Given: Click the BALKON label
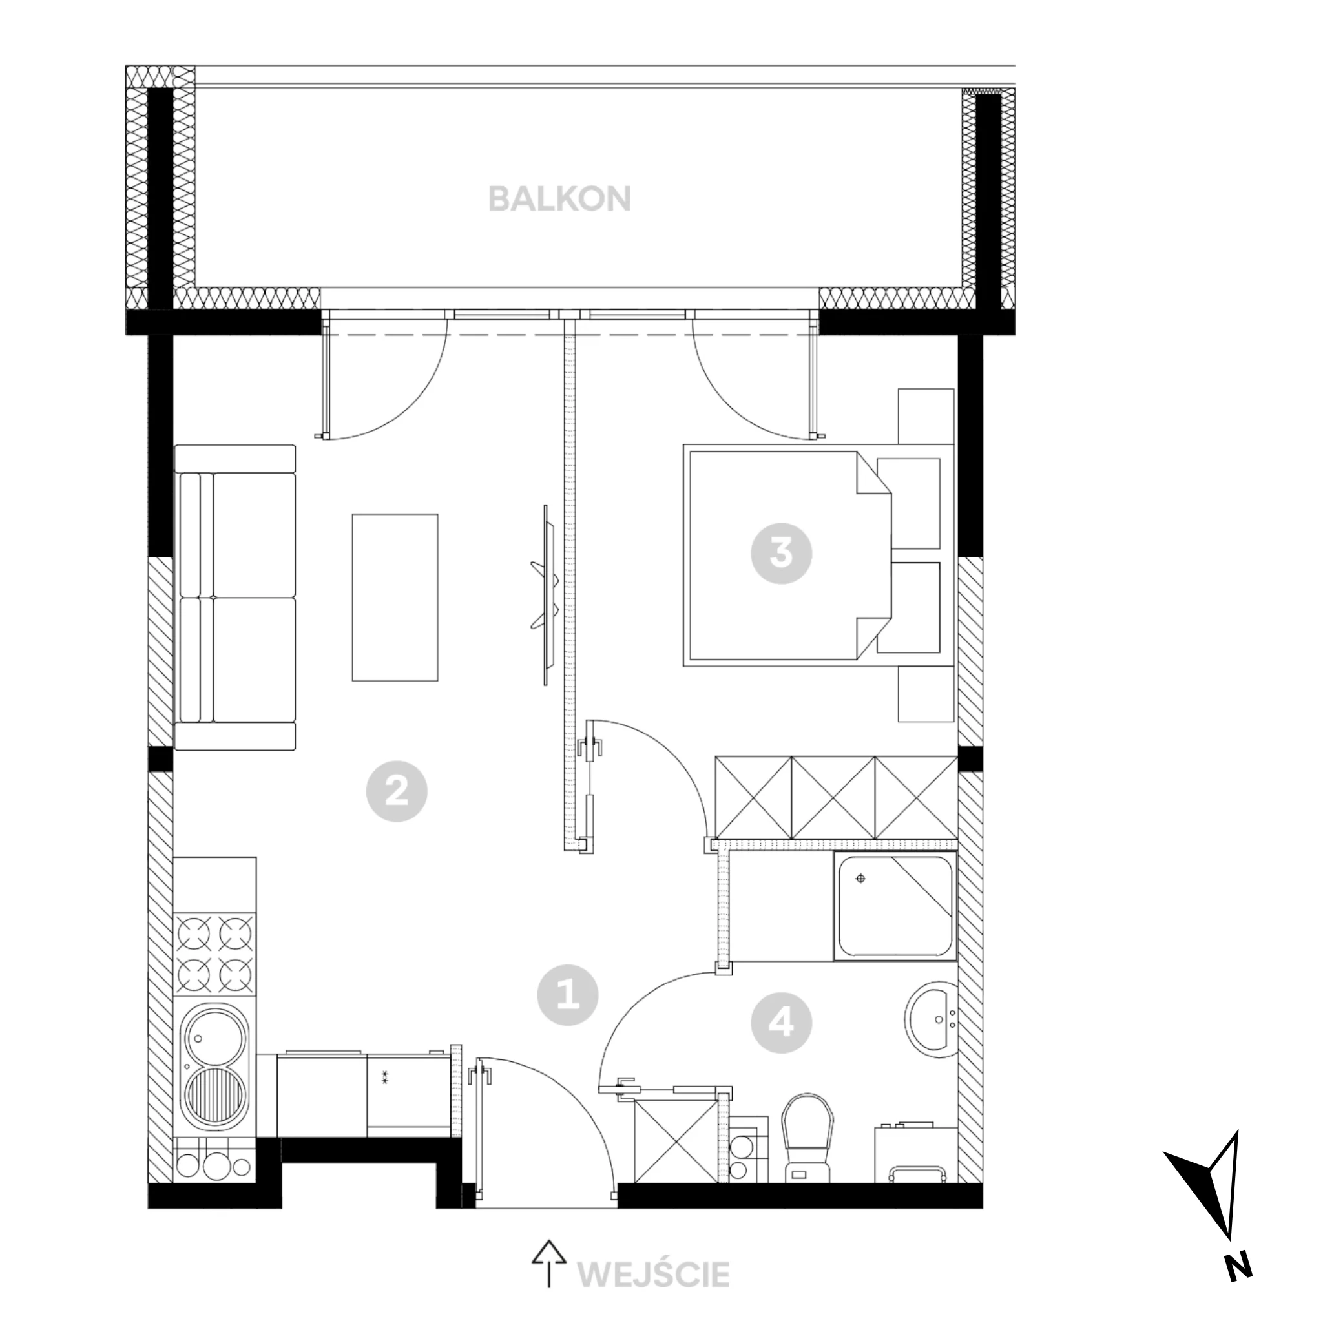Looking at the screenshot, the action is tap(559, 198).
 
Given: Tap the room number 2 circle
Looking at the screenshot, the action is tap(397, 791).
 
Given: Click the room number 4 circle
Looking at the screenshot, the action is tap(782, 1024).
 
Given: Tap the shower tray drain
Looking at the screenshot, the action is tap(860, 879).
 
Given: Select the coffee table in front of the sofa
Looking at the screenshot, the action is tap(395, 597).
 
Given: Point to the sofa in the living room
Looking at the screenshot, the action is tap(236, 597).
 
